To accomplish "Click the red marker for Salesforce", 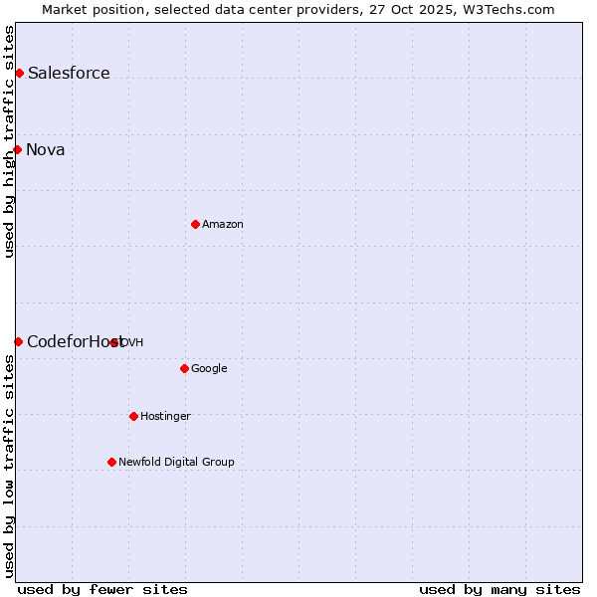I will click(x=19, y=73).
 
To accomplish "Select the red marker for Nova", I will click(x=18, y=149).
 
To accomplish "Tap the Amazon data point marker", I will click(x=195, y=224).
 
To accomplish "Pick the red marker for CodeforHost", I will click(x=18, y=341).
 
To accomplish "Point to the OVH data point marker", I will click(x=114, y=342).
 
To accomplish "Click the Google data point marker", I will click(x=184, y=368).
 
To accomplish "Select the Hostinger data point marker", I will click(x=133, y=416).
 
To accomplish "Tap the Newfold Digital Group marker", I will click(x=111, y=462).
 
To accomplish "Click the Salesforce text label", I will click(x=69, y=73).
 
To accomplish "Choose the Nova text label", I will click(x=46, y=149).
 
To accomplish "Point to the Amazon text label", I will click(x=223, y=224).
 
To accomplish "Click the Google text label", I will click(x=209, y=368).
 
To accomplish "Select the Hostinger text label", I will click(x=165, y=416).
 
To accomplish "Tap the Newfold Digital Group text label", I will click(x=176, y=462).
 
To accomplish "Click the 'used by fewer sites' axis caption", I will click(x=102, y=589).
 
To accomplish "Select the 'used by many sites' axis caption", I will click(x=499, y=589).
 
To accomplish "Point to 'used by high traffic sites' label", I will click(x=9, y=141).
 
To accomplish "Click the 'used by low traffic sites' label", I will click(x=9, y=466).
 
